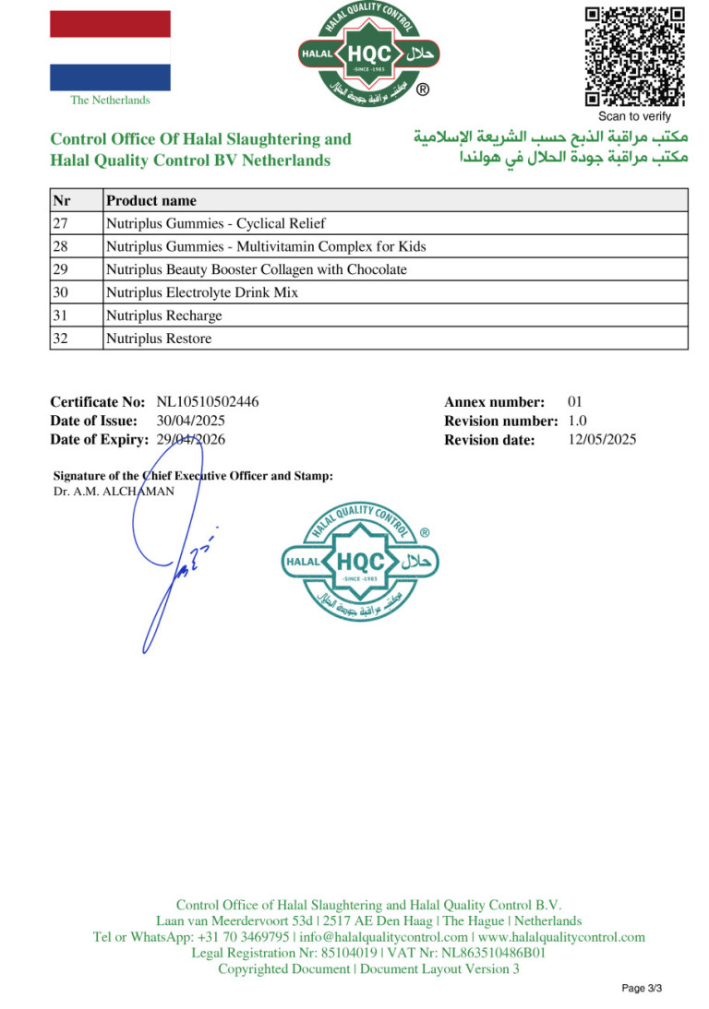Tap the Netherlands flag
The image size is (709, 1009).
coord(110,51)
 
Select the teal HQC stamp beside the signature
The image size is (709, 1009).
coord(360,563)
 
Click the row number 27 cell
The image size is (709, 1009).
coord(76,223)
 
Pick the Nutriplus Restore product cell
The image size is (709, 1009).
coord(159,338)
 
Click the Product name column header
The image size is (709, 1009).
coord(151,200)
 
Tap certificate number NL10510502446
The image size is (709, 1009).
coord(208,402)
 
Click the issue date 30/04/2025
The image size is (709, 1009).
coord(191,421)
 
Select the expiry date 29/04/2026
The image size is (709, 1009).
coord(191,440)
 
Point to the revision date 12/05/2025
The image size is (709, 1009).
coord(602,440)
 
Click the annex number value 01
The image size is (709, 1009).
coord(575,402)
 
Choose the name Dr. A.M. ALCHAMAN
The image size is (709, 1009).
coord(114,492)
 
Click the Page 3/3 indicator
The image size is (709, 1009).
coord(642,989)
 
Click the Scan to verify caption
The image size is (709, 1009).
coord(634,116)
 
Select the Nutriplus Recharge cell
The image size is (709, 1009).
coord(164,315)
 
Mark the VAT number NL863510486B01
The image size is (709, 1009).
coord(488,953)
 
